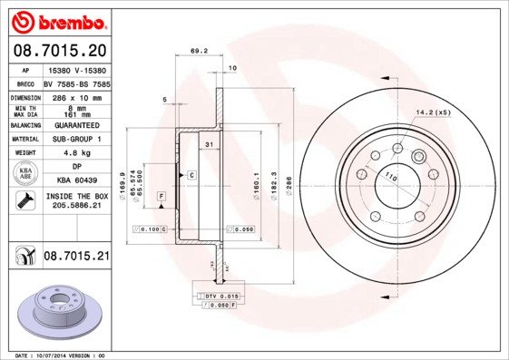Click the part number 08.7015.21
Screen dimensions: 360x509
point(76,257)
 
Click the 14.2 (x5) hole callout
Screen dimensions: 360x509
point(433,112)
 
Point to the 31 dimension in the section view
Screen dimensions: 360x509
point(209,145)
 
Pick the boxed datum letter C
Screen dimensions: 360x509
point(191,174)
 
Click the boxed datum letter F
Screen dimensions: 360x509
point(161,197)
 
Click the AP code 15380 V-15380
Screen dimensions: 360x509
point(76,70)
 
